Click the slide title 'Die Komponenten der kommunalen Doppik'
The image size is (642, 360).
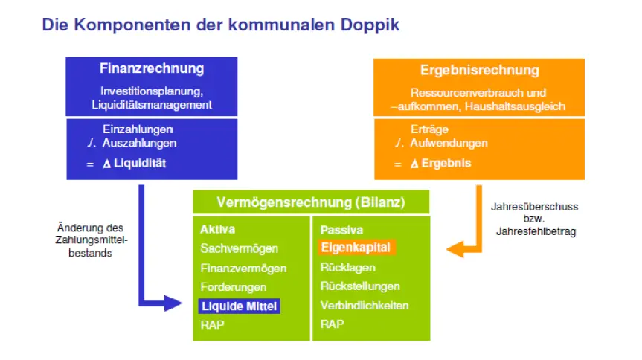pos(220,25)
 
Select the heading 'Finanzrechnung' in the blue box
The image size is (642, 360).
pos(152,68)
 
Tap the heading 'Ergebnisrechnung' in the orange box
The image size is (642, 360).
pos(479,71)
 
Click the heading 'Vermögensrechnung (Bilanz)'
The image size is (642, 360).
pos(311,202)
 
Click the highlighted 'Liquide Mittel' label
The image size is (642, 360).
pos(240,306)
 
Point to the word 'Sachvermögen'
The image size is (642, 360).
pos(239,248)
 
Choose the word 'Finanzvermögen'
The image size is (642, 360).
pos(243,268)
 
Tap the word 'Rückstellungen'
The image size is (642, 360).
pos(360,286)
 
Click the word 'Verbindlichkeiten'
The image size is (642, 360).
pos(365,306)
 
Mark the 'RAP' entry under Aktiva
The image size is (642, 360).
pos(211,325)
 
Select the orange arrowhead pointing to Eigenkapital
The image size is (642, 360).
pos(452,249)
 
